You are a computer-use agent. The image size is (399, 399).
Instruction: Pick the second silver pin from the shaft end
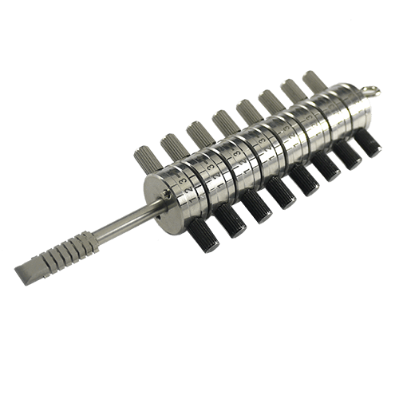click(x=172, y=144)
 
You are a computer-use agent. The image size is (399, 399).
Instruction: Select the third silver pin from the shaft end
click(x=197, y=130)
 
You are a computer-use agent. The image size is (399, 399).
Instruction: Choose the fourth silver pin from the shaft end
click(x=223, y=118)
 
